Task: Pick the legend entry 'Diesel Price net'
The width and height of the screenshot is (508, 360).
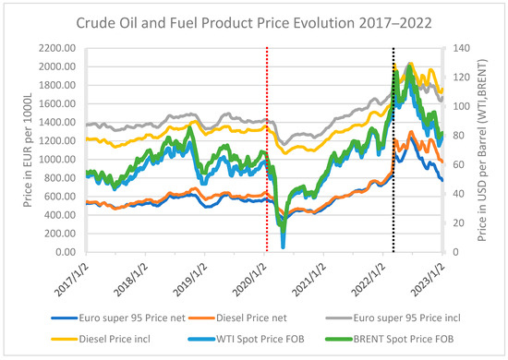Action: click(x=240, y=315)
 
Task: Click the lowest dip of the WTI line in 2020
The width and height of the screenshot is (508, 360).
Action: click(x=283, y=246)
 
